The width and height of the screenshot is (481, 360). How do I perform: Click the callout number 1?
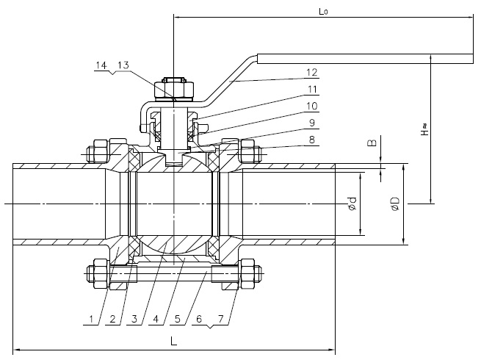click(x=90, y=319)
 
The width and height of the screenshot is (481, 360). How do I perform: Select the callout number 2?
click(x=111, y=319)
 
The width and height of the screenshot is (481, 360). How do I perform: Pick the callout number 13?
click(x=123, y=65)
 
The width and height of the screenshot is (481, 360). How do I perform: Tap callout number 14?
click(x=102, y=65)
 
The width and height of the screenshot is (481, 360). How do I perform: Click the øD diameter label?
click(x=394, y=204)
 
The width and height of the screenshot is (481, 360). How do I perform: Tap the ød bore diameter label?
click(x=352, y=204)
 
